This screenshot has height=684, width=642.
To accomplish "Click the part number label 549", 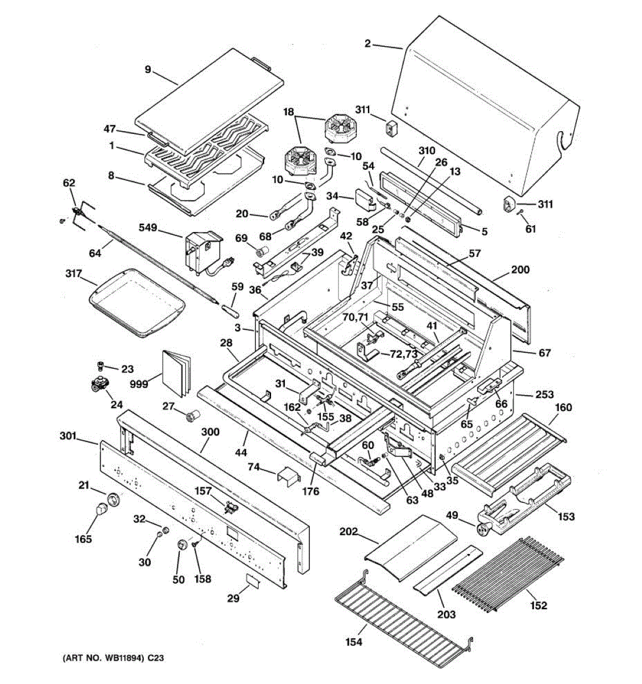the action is [x=148, y=227].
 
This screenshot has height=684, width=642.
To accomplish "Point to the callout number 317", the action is [x=74, y=274].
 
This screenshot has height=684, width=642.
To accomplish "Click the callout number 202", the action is [x=349, y=532].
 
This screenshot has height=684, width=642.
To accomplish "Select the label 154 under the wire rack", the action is [x=354, y=642].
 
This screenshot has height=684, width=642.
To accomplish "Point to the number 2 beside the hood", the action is [x=368, y=44].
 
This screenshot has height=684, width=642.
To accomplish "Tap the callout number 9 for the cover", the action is [x=148, y=70].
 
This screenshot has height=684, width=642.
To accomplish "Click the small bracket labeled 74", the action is [x=288, y=477].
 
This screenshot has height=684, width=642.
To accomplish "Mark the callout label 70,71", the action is [x=356, y=317].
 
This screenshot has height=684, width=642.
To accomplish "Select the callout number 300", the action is [x=210, y=431].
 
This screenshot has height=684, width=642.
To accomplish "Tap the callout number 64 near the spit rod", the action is [x=95, y=253].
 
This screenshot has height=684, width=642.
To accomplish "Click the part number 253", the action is [x=544, y=394].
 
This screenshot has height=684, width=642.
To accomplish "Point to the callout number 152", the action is [x=539, y=605].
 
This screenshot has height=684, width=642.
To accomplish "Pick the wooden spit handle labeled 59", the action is [x=230, y=312].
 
